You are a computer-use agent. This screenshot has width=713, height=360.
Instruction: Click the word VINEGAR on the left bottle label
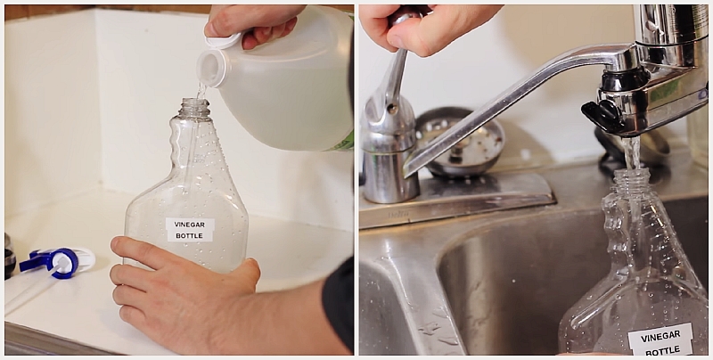(190, 225)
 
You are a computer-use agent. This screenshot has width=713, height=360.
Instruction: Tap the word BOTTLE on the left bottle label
(189, 236)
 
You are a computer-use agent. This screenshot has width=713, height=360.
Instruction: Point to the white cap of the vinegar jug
(223, 41)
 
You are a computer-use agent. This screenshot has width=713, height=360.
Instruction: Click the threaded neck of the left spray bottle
(194, 108)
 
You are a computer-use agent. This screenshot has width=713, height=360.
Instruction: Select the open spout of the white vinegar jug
(211, 69)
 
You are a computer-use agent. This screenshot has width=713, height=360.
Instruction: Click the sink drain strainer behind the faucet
(459, 142)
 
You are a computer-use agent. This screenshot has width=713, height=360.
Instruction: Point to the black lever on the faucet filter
(600, 115)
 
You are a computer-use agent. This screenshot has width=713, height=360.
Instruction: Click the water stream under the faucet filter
(631, 153)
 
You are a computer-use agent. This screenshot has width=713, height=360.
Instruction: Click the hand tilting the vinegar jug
(255, 25)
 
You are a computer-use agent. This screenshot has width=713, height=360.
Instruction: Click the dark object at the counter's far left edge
(9, 257)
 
